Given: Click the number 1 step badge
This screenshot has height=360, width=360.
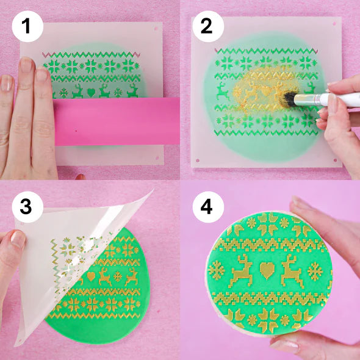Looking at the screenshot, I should coord(26,26).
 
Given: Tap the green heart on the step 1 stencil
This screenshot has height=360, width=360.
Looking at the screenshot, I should coord(91,93).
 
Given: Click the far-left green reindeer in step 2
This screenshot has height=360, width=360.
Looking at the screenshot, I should coord(223,92).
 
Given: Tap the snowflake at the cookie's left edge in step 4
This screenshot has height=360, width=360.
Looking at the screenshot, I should coord(216,269).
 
